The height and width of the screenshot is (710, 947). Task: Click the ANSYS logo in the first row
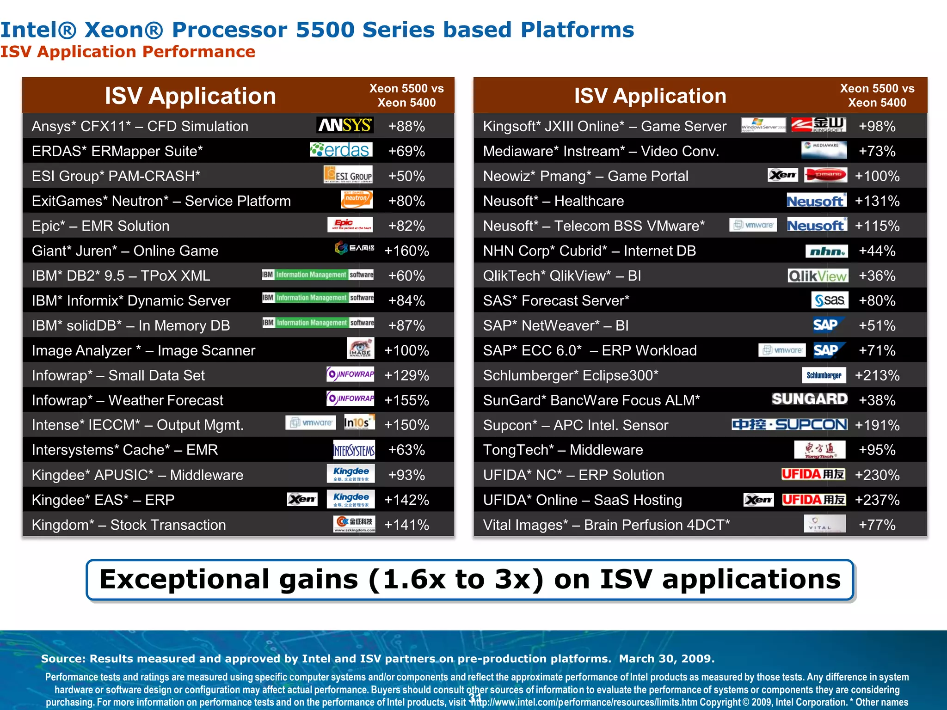pos(345,125)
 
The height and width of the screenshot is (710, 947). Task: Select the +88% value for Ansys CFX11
pos(406,126)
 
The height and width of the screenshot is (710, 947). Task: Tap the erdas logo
pos(341,150)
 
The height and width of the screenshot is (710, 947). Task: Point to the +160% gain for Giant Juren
pos(406,251)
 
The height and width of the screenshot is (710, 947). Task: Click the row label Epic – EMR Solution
pos(100,226)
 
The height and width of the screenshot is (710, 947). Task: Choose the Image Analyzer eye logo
pos(360,349)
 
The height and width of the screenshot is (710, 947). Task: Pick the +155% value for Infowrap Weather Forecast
pos(406,400)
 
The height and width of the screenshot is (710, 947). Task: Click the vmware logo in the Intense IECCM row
pos(311,422)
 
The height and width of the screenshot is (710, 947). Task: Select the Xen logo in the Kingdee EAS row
pos(302,499)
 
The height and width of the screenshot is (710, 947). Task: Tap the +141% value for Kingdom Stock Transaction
pos(406,525)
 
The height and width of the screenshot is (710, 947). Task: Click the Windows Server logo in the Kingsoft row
pos(763,125)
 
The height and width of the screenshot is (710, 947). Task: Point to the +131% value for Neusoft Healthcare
pos(877,201)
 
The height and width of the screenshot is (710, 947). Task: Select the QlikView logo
pos(818,276)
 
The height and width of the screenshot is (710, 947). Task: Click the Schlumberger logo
pos(824,375)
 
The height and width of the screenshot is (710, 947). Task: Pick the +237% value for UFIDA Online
pos(877,500)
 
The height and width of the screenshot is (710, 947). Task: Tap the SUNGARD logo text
pos(809,399)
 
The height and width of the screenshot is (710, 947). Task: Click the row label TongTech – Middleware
pos(563,450)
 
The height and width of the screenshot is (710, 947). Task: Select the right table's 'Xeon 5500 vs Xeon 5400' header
pos(877,96)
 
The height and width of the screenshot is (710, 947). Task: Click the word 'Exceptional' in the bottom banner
pos(182,580)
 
